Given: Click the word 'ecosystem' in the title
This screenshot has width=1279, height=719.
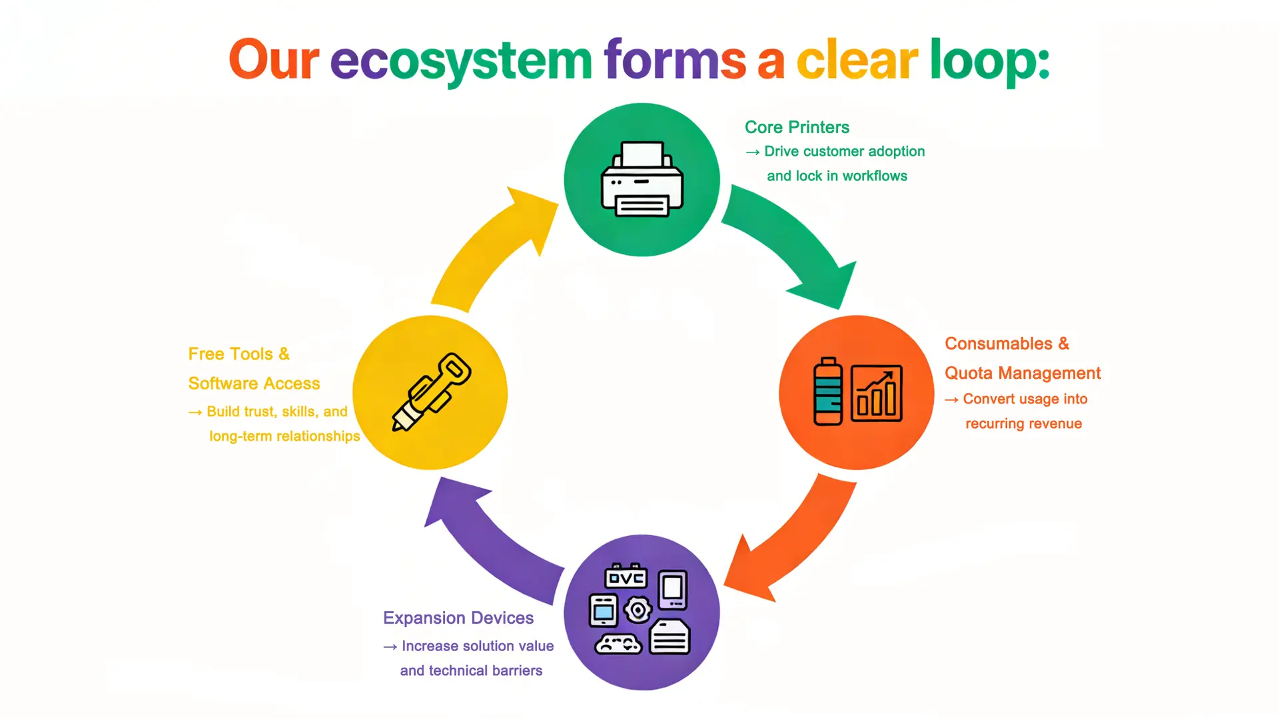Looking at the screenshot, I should [x=461, y=61].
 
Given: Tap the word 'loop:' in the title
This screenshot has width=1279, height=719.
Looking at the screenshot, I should [x=989, y=61].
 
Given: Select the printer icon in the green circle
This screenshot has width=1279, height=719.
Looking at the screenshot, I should [x=641, y=179].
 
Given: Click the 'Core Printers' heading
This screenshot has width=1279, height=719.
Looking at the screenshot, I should [x=797, y=127].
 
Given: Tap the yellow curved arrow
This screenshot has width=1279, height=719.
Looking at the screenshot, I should [x=493, y=246].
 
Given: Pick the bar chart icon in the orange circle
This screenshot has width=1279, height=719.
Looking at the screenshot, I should [x=877, y=393].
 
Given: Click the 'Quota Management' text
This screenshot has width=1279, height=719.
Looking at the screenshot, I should [x=1023, y=373].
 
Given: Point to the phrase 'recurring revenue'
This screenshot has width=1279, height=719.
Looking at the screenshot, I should [x=1023, y=423].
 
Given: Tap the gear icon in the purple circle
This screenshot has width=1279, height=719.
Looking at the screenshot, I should [x=638, y=609].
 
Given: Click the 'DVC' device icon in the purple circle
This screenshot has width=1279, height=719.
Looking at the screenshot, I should [x=626, y=577].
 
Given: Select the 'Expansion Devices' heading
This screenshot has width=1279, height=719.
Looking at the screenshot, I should [x=458, y=618].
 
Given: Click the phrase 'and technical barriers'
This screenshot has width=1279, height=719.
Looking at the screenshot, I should [x=471, y=670].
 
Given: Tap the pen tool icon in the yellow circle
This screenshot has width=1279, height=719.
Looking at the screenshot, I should [x=431, y=392].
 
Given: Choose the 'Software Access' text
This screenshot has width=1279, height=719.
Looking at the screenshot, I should [x=254, y=383].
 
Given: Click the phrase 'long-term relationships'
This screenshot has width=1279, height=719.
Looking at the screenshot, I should [x=284, y=436].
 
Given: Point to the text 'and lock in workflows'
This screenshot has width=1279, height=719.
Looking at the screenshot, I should [x=837, y=176].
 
